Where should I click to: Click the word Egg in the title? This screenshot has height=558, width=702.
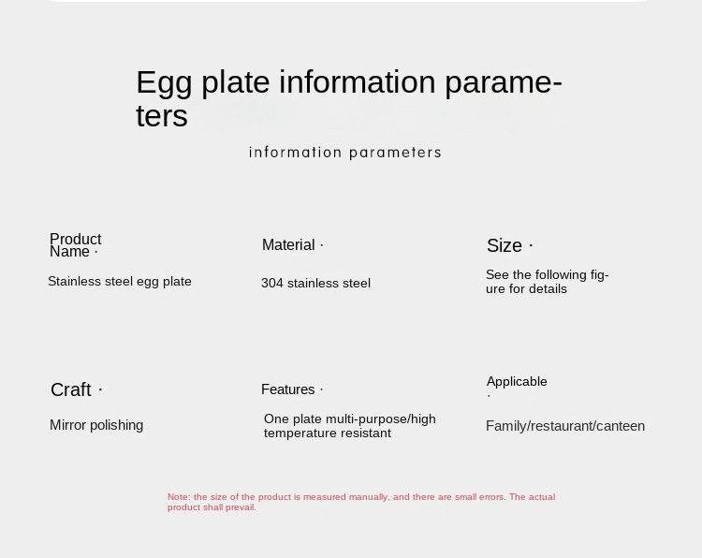point(164,83)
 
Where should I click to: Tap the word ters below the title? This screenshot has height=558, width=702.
point(162,116)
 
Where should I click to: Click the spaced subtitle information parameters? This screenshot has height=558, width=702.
point(345,153)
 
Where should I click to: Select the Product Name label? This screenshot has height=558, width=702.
point(75,245)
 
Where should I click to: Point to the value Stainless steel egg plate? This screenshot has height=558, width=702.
point(120,281)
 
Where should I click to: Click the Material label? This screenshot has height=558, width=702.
point(288,245)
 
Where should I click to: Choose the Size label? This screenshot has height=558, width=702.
point(505,245)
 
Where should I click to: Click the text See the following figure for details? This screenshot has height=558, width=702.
point(548,282)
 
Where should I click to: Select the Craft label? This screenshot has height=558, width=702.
point(71,389)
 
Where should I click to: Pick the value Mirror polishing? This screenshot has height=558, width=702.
point(96,425)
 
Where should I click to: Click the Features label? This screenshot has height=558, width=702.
point(288,389)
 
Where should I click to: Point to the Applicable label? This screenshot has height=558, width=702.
point(517,382)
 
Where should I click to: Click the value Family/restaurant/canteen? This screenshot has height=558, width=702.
point(565,426)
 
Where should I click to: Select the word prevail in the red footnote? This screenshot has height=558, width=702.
point(241,507)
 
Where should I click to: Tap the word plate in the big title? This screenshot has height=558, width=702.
point(236,83)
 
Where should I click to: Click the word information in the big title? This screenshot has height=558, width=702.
point(358,82)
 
